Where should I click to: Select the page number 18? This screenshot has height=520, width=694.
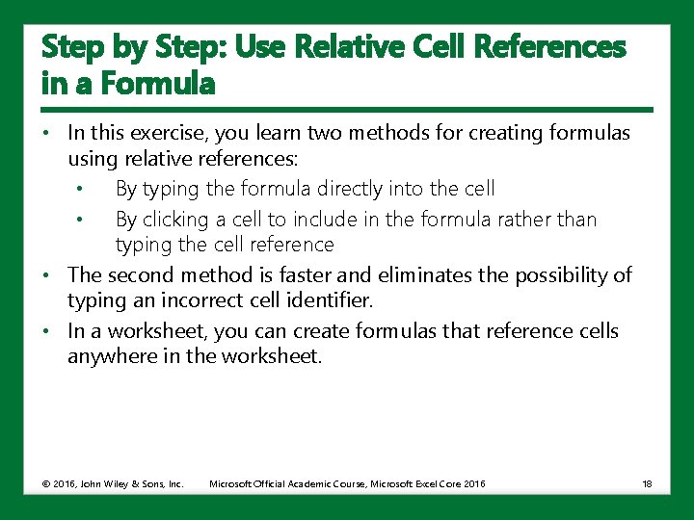[647, 483]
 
